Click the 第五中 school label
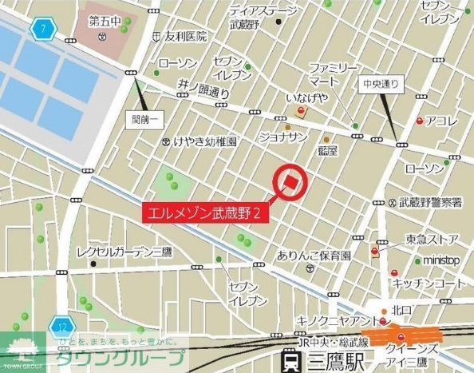click(x=103, y=21)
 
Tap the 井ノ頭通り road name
click(x=204, y=88)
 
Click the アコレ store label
click(x=441, y=121)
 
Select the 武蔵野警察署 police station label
click(x=430, y=203)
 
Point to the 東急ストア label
click(x=432, y=239)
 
